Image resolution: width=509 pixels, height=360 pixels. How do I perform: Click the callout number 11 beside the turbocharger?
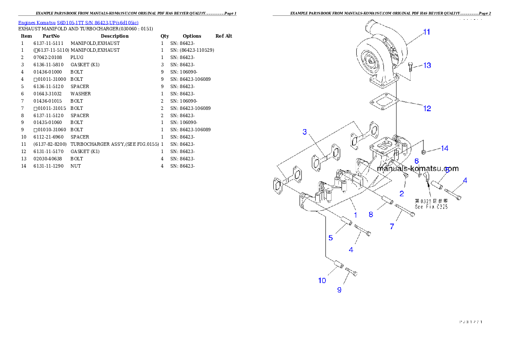426,32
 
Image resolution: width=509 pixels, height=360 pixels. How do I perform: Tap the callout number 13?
427,65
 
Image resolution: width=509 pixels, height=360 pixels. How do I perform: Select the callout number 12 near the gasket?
427,109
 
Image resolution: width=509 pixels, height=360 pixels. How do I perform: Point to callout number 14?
444,148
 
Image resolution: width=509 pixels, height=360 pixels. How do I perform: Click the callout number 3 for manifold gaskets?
305,132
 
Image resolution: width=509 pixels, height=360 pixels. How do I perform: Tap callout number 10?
322,280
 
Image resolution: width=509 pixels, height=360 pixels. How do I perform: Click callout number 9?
339,290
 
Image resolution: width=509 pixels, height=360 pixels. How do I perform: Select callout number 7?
392,227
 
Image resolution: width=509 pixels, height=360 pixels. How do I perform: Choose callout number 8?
371,215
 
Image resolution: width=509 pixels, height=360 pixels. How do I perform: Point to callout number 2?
401,194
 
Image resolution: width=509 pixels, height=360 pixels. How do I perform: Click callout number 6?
416,161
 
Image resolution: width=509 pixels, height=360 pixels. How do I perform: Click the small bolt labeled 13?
411,66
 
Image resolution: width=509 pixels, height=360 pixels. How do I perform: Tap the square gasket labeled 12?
383,102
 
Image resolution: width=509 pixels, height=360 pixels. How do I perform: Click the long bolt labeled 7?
405,211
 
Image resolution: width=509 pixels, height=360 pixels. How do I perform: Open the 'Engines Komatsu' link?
78,22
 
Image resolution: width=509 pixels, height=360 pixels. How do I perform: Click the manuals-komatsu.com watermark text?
417,169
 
